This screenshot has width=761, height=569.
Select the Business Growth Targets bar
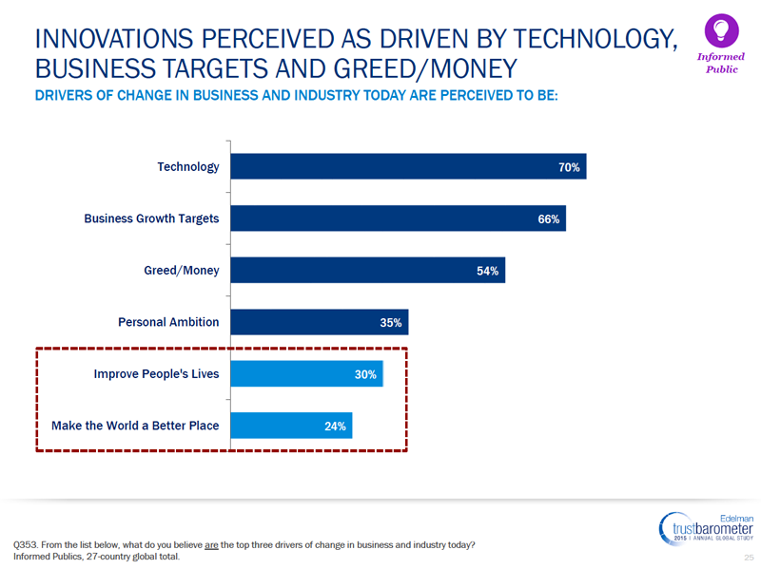(x=399, y=218)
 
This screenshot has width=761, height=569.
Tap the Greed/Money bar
(x=368, y=270)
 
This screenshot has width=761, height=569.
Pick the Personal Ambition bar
(x=320, y=322)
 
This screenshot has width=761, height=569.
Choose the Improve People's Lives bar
(x=306, y=373)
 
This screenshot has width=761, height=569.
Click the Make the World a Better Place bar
(x=291, y=426)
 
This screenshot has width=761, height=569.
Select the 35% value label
(x=391, y=323)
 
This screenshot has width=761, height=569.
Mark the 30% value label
(x=366, y=374)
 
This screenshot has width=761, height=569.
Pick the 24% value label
(x=335, y=427)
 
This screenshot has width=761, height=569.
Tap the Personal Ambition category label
(x=168, y=322)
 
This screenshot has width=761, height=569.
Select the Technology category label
(x=187, y=167)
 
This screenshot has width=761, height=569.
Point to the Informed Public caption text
(x=721, y=63)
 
